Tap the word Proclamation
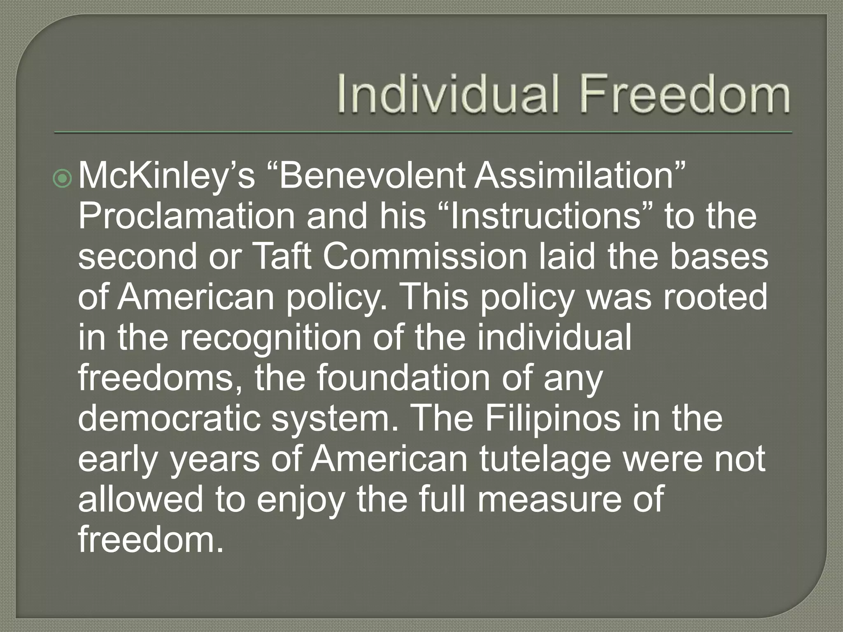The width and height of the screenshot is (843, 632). tap(186, 216)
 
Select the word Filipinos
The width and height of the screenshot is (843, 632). tap(552, 418)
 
